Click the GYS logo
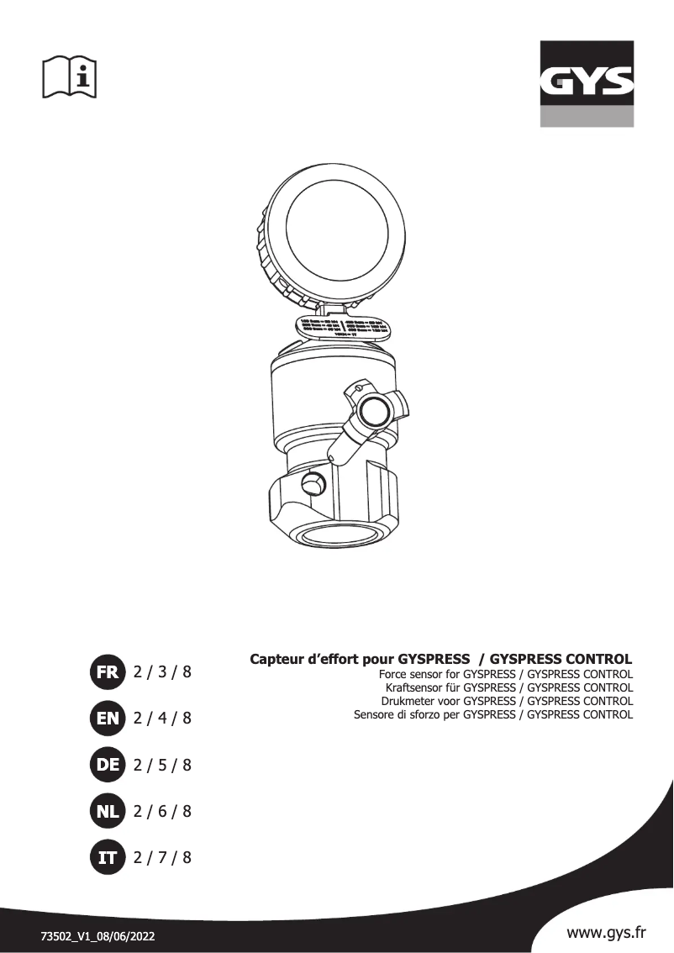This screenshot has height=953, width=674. (x=587, y=83)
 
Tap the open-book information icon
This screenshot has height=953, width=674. (x=70, y=76)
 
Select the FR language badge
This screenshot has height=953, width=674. (x=107, y=671)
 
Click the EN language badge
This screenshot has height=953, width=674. (x=107, y=718)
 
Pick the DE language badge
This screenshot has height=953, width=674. (x=107, y=765)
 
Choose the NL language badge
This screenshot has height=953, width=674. (x=107, y=811)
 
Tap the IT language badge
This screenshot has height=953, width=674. (x=107, y=857)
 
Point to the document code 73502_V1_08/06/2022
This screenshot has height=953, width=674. (x=98, y=935)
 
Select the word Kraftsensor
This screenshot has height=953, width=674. (x=418, y=687)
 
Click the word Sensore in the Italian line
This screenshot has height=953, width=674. (x=378, y=714)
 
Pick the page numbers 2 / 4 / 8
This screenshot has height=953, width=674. (x=163, y=718)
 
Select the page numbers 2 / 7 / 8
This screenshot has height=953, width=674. (x=163, y=857)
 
